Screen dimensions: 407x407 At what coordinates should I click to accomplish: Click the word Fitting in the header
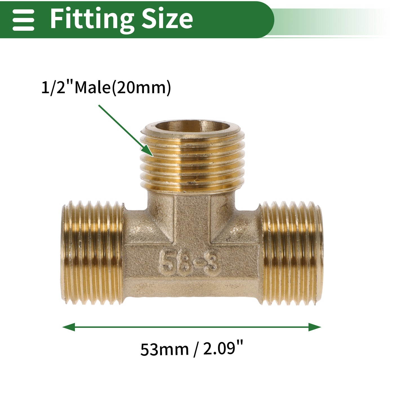tap(92, 20)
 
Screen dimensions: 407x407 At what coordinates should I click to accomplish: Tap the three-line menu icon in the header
tap(23, 20)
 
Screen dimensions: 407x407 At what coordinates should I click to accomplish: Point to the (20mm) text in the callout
tap(141, 88)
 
